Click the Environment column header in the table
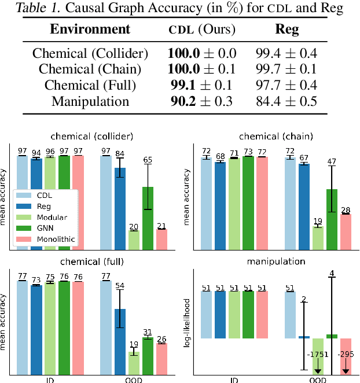click(90, 30)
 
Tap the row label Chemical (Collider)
click(90, 54)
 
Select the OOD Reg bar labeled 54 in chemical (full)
click(120, 341)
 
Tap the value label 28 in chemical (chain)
click(345, 209)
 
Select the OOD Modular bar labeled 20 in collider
click(134, 240)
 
